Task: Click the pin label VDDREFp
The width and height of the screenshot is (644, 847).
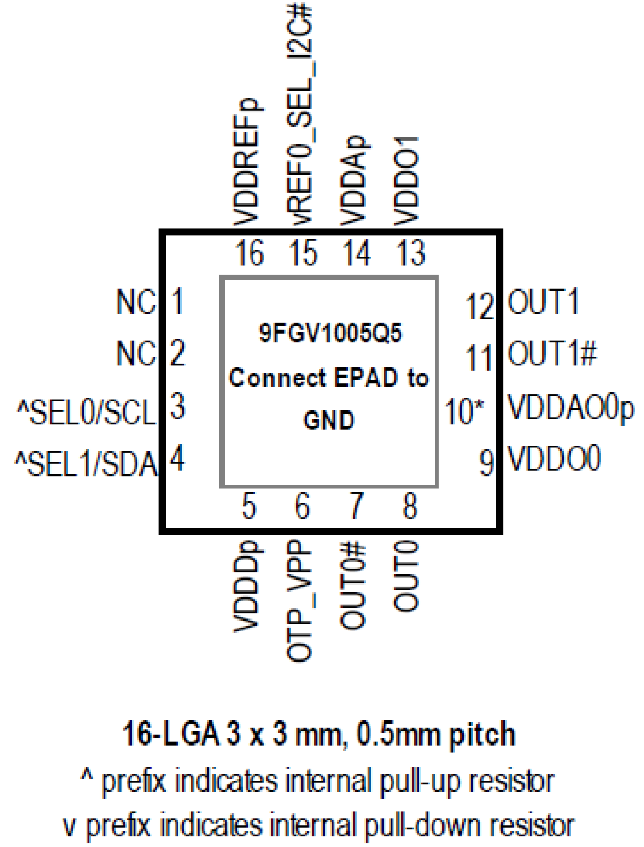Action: click(x=247, y=162)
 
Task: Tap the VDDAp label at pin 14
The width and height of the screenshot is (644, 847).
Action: click(x=355, y=181)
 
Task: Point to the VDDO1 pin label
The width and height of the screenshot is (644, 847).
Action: click(x=407, y=181)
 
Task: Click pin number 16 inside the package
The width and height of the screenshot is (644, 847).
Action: click(x=249, y=253)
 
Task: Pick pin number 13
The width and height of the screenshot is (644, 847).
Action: click(x=411, y=253)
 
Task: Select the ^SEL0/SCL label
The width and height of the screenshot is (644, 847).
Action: click(x=86, y=412)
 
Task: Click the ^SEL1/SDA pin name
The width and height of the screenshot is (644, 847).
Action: click(x=86, y=464)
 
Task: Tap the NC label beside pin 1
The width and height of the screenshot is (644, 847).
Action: click(x=136, y=302)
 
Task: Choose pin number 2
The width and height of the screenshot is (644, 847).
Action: click(x=177, y=353)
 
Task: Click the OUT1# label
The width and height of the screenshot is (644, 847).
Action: click(x=552, y=354)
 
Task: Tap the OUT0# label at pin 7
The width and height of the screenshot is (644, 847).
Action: click(x=353, y=586)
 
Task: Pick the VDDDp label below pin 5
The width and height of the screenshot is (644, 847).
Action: click(x=247, y=587)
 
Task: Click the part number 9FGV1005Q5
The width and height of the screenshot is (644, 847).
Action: click(x=331, y=334)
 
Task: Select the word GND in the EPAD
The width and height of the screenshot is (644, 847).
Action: click(x=329, y=421)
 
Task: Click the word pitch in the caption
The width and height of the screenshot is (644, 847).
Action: click(x=482, y=735)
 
